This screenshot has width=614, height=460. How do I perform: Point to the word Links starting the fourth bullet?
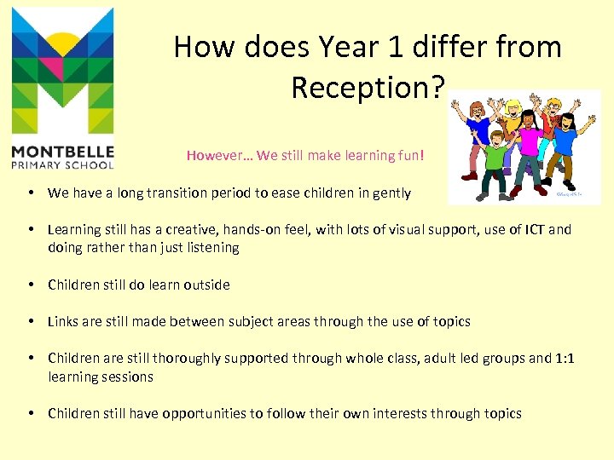[x=63, y=321]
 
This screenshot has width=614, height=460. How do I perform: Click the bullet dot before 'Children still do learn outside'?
[x=31, y=285]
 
